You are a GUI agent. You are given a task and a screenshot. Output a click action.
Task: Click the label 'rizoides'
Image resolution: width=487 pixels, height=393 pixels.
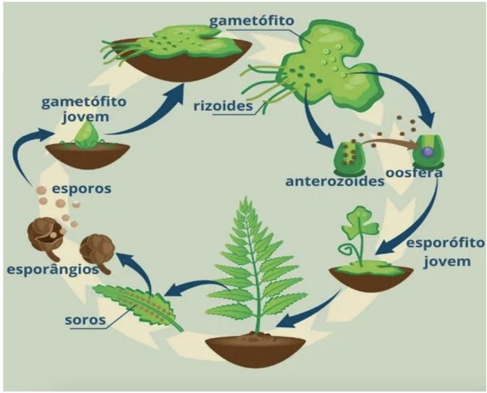pos(223,106)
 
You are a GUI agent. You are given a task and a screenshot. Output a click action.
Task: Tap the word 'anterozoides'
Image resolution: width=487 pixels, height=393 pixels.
pos(335,181)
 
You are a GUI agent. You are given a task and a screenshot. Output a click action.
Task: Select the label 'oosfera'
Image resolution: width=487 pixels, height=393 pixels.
pos(414,173)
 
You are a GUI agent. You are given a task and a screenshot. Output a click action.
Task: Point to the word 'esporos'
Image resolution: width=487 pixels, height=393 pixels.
pos(81,189)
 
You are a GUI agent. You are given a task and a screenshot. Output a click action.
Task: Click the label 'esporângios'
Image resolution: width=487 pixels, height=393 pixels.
pos(53,269)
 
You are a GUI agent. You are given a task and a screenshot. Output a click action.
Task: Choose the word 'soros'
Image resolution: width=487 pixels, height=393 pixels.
pos(85,320)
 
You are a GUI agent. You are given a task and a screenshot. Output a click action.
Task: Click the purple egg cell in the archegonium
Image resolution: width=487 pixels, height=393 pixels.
pos(428,151)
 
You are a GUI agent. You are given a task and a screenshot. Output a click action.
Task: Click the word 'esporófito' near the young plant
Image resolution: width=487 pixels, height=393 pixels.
pos(445,243)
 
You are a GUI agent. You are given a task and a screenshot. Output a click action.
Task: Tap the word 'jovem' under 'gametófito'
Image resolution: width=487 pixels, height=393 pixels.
pos(85,117)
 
